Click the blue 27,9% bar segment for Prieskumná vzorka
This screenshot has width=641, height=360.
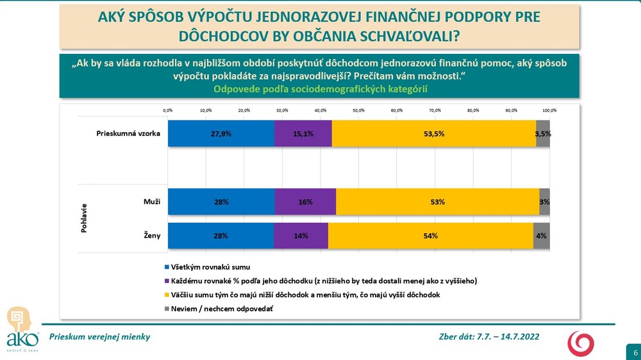point(221,134)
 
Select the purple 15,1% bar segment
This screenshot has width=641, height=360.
point(303,134)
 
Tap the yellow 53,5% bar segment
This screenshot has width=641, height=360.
point(434,134)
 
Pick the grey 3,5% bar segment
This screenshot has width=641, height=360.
point(543,134)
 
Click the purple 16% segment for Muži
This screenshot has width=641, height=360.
point(305,202)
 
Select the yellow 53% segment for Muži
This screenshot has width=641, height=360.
point(437,202)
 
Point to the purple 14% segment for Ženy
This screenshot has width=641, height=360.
point(301,236)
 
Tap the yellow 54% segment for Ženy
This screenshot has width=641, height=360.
point(431,236)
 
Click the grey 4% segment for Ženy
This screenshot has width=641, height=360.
point(542,236)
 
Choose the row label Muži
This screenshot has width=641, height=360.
point(151,202)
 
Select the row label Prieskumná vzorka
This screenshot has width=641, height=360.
point(128,134)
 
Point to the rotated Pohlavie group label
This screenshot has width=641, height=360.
point(84,218)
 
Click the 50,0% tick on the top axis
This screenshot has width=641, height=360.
point(358,110)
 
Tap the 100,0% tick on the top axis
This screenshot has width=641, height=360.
point(549,110)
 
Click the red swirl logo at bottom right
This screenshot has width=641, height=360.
point(581,343)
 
